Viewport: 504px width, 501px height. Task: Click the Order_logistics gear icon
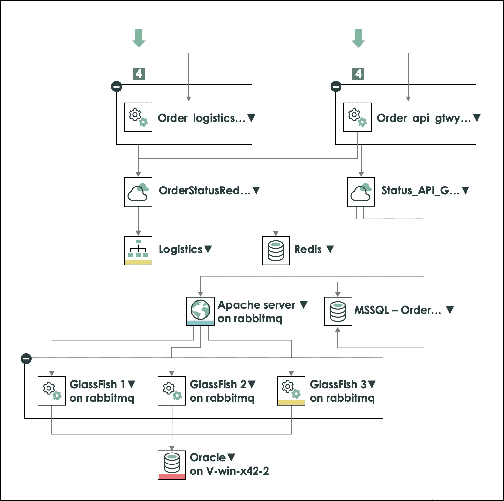point(138,117)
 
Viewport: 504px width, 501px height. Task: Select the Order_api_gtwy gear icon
point(357,117)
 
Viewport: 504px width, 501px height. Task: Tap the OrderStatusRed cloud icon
point(138,192)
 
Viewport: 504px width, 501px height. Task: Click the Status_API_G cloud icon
point(361,192)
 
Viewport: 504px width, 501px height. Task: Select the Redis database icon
point(276,250)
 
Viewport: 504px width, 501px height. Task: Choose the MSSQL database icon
point(338,311)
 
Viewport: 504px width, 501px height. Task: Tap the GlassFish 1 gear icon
point(52,390)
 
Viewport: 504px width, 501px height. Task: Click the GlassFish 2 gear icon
point(172,390)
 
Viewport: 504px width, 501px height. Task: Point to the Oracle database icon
point(172,464)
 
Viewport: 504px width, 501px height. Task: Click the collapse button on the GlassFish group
point(26,358)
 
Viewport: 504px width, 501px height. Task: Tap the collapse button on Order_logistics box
point(117,86)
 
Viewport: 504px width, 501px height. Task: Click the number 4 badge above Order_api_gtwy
point(358,74)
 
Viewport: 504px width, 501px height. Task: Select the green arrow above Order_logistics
point(139,38)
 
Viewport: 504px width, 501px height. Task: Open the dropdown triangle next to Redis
point(330,249)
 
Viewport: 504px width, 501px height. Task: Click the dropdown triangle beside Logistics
point(208,249)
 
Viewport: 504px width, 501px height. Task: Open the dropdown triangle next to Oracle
point(231,457)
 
